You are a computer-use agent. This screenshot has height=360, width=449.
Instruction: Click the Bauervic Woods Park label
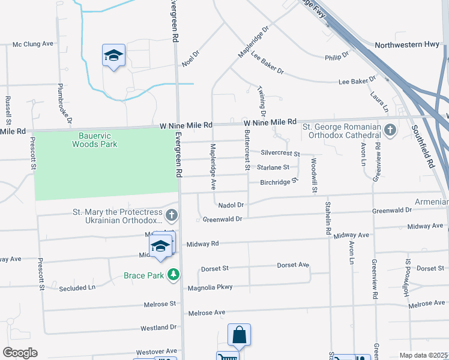(x=95, y=140)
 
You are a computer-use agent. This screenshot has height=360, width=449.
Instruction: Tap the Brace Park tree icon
(x=173, y=275)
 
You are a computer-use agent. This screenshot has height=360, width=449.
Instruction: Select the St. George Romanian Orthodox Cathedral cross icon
(x=390, y=130)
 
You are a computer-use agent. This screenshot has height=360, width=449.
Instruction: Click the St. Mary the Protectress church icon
(x=172, y=214)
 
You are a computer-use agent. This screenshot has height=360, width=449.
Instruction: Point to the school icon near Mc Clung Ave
(x=113, y=56)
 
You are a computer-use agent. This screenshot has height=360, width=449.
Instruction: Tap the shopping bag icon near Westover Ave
(x=239, y=335)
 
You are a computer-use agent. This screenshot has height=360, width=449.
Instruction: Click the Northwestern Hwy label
(x=407, y=45)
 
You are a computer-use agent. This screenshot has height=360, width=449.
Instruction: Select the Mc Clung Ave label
(x=33, y=44)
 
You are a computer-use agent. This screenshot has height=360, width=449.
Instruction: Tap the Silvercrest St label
(x=280, y=154)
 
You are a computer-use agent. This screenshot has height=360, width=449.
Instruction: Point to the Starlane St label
(x=274, y=167)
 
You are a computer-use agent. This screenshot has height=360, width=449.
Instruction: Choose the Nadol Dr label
(x=231, y=205)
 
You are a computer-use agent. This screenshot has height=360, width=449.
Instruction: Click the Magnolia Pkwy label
(x=210, y=287)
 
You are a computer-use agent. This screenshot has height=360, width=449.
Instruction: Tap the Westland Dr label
(x=158, y=328)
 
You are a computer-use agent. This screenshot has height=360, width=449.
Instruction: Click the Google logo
(x=20, y=353)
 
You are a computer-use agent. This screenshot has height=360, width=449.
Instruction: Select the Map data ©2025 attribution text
(x=423, y=355)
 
